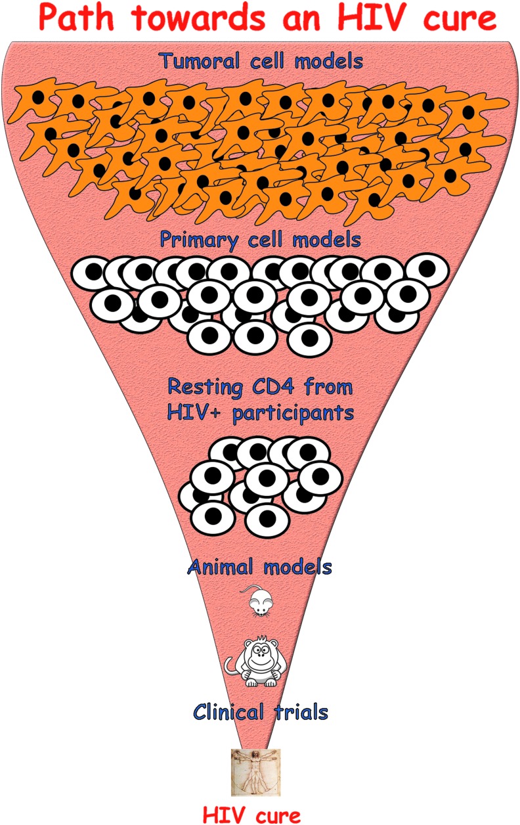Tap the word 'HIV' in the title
[x=389, y=20]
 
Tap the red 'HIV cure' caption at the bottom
[x=251, y=815]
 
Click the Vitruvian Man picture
[x=255, y=772]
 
